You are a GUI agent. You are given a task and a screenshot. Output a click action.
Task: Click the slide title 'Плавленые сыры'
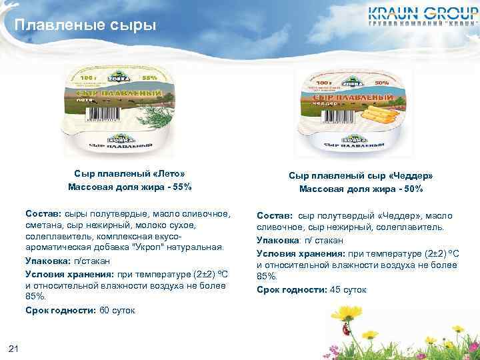tap(85, 26)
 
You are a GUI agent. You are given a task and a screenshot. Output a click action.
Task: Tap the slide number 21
tap(15, 347)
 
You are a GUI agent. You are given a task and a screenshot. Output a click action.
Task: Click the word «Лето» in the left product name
tap(169, 173)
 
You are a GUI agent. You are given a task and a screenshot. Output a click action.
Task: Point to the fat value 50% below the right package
tap(411, 189)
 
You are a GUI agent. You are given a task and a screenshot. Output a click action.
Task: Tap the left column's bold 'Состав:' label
tap(43, 213)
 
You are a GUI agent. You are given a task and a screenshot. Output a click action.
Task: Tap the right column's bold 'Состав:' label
tap(275, 215)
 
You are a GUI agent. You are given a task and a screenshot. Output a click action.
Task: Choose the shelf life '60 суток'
tap(117, 311)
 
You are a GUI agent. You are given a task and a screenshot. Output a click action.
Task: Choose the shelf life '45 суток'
tap(348, 290)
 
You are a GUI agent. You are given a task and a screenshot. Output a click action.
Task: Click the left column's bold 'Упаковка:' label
tap(48, 260)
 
